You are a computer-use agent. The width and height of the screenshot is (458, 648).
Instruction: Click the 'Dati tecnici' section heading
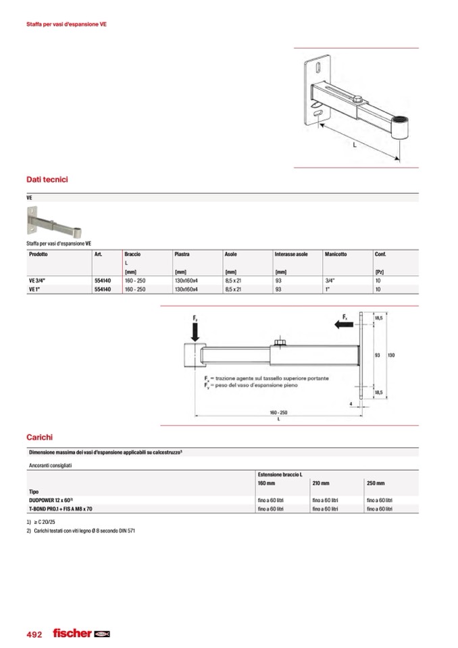[x=47, y=180]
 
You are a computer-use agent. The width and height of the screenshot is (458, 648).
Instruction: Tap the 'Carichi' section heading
[x=39, y=437]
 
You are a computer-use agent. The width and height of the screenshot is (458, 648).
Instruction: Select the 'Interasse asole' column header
[x=290, y=254]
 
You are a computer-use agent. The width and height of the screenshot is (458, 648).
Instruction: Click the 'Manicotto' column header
[x=336, y=254]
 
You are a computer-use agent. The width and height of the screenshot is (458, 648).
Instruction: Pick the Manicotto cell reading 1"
[x=327, y=289]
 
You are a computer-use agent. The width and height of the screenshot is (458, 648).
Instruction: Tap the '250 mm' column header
[x=376, y=483]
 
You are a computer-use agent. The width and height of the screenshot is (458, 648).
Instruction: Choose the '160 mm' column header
[x=266, y=483]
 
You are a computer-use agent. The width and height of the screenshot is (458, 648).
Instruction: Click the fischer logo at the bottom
[x=81, y=634]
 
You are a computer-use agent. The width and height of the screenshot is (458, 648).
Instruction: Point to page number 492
[x=34, y=634]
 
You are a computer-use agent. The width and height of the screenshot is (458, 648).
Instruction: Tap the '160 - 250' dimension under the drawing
[x=278, y=412]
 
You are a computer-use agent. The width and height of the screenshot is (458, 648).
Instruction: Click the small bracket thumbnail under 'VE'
[x=55, y=221]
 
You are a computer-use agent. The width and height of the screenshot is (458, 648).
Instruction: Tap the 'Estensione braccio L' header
[x=280, y=476]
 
